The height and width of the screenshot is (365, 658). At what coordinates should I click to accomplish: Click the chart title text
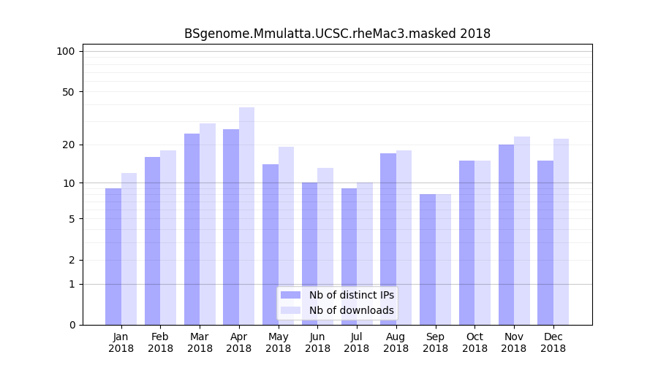click(337, 34)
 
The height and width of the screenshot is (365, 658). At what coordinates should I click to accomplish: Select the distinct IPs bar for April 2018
click(231, 226)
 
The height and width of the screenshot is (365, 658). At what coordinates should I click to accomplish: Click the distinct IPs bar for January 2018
click(113, 256)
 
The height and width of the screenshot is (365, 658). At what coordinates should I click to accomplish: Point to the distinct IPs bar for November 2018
click(506, 234)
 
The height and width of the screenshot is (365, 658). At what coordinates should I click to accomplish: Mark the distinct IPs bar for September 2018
click(428, 259)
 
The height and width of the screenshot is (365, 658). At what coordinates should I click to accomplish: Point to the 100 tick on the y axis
click(66, 51)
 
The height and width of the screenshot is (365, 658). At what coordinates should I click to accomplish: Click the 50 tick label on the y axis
click(69, 92)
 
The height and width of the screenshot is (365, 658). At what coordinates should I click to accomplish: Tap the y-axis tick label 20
click(69, 145)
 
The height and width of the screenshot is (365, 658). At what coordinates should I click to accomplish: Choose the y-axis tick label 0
click(72, 325)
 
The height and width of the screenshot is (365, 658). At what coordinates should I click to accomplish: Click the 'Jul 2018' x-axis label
click(357, 342)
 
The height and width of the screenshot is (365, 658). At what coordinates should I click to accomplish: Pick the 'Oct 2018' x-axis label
click(474, 342)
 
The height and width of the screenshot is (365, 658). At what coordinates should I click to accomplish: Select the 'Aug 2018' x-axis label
click(396, 342)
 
